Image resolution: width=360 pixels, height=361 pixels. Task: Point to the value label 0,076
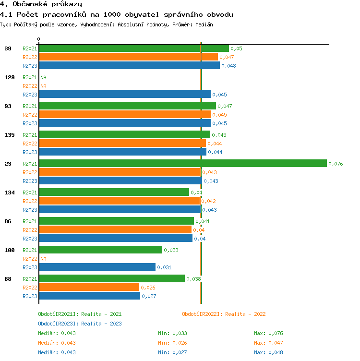pos(336,164)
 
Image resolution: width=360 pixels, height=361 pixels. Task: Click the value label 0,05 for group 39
pos(236,48)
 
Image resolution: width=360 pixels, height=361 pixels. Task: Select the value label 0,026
pos(147,288)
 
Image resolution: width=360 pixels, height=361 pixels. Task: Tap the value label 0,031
pos(164,267)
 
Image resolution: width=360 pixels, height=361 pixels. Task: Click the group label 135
pos(9,135)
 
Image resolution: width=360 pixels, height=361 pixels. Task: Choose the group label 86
pos(8,221)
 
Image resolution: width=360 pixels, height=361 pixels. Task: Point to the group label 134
pos(9,193)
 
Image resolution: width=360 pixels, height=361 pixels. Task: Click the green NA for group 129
pos(43,77)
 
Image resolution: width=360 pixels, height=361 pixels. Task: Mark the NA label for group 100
pos(43,259)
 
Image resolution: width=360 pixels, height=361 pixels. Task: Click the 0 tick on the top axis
pos(39,39)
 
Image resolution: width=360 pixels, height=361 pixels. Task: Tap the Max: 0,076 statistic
pos(268,333)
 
